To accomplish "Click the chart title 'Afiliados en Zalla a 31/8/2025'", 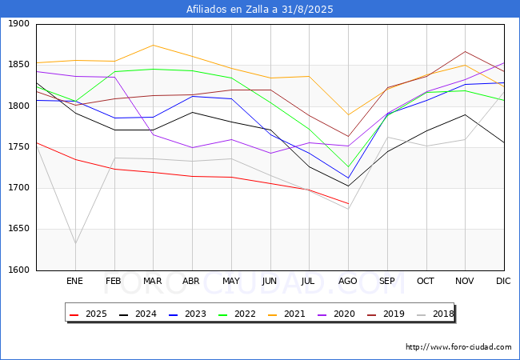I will click(260, 10).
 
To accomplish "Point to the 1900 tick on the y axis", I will click(18, 24).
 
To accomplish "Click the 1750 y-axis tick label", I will click(18, 147).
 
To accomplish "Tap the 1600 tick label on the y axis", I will click(18, 270).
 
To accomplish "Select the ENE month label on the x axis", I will click(74, 281).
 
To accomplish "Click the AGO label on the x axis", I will click(348, 281).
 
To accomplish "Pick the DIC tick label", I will click(504, 281).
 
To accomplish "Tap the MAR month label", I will click(153, 281).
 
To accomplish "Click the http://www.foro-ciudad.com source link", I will click(458, 347).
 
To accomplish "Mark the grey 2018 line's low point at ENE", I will click(74, 243).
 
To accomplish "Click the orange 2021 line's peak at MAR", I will click(153, 45).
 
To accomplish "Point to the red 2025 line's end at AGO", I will click(348, 203).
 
